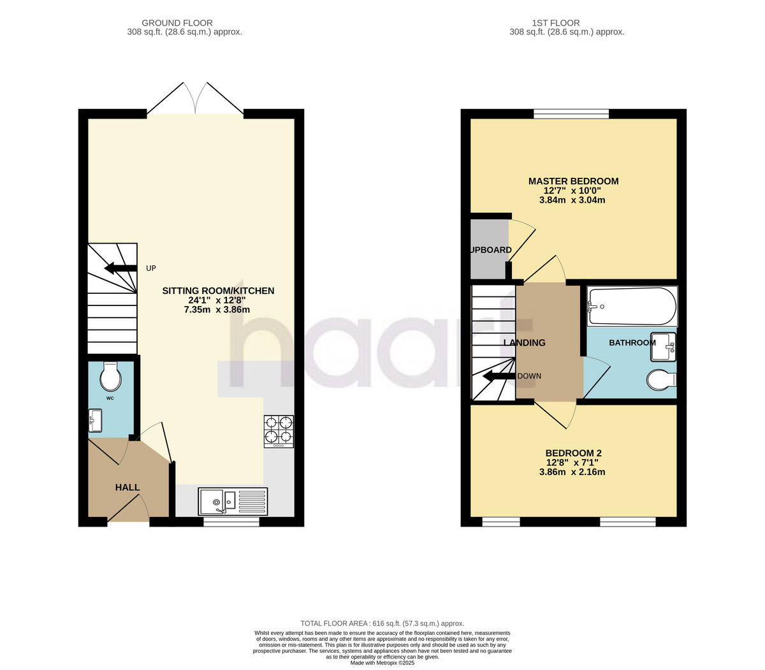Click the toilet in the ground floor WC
(x=111, y=377)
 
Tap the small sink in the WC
(x=94, y=419)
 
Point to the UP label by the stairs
(x=150, y=268)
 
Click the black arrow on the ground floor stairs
(x=120, y=268)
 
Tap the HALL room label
(x=127, y=488)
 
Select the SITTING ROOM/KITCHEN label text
(x=218, y=291)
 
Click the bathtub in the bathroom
(x=632, y=305)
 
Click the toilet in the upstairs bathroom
(x=660, y=381)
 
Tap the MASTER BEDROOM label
(x=573, y=181)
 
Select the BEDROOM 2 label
(x=573, y=453)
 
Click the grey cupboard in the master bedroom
(x=490, y=249)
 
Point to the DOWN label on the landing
(x=529, y=376)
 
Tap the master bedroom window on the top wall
(x=571, y=114)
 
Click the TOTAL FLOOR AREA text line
(x=382, y=623)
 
